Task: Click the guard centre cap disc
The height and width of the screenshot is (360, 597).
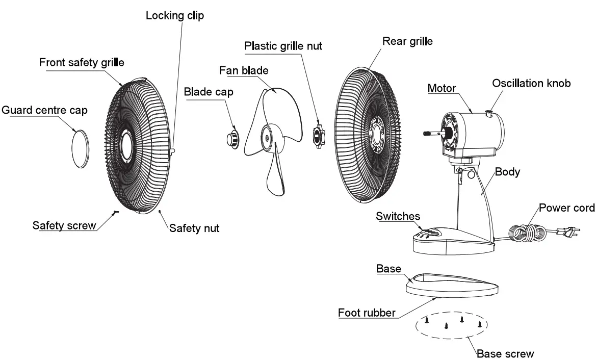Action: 79,147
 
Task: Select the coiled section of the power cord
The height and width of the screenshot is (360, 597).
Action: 528,233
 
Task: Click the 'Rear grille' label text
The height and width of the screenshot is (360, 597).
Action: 407,41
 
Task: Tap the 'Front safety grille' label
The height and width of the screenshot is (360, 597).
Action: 82,62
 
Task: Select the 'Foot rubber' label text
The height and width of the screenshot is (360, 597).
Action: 367,313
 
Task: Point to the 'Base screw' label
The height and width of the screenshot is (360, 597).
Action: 505,353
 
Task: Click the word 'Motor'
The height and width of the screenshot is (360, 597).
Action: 442,88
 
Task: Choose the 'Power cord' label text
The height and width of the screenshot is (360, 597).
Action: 567,208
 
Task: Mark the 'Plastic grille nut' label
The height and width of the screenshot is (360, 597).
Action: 283,45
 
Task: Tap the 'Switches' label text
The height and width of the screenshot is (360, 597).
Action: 398,216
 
